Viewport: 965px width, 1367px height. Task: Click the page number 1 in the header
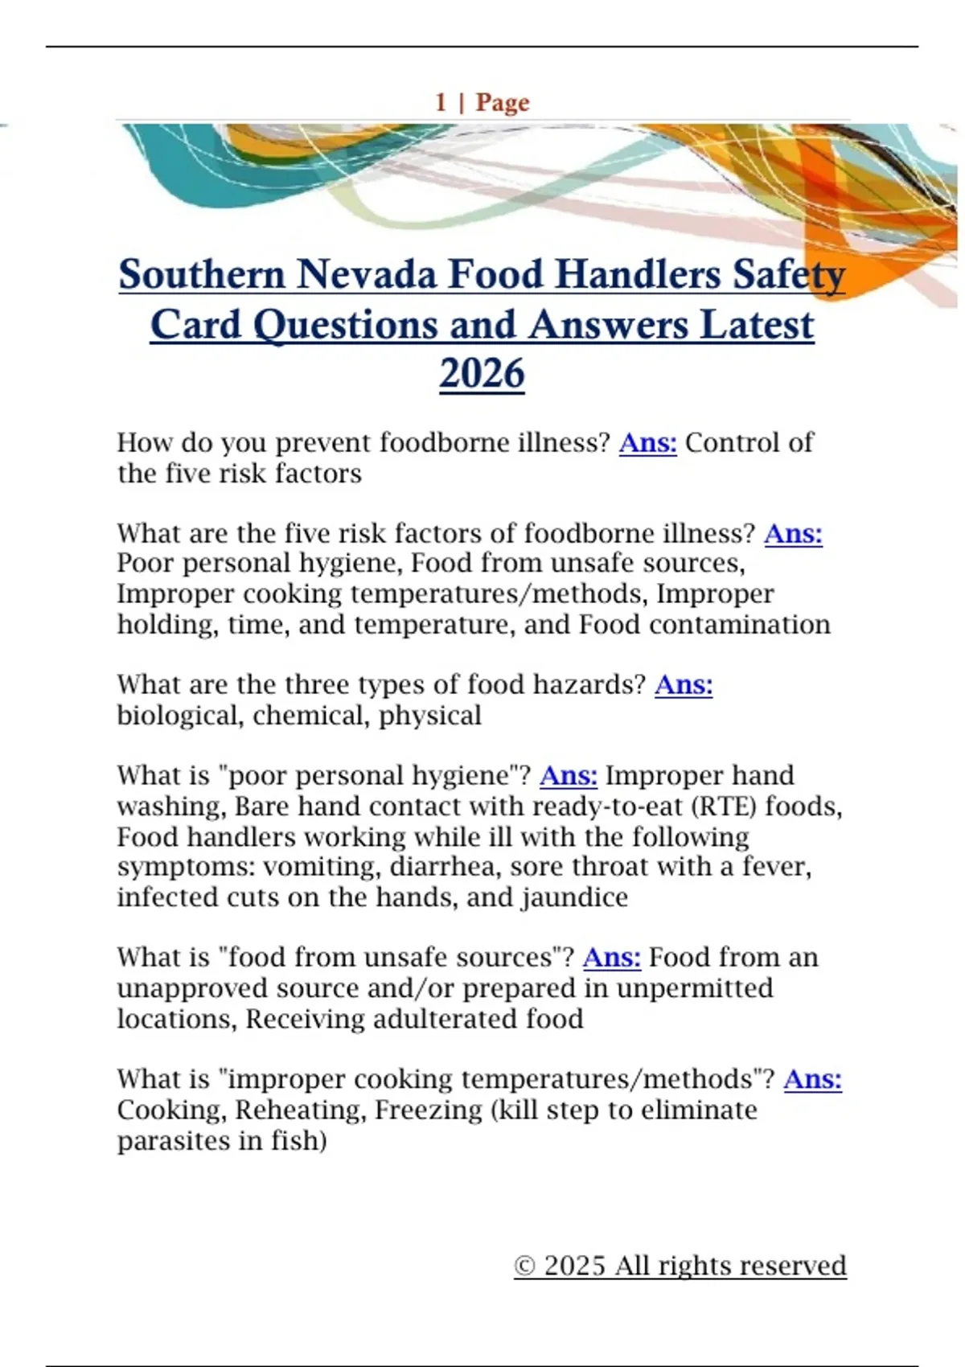click(x=441, y=103)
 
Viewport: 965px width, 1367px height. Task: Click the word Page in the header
click(x=503, y=103)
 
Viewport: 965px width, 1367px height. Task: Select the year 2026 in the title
click(x=482, y=374)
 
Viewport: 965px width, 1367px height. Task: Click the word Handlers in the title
click(x=638, y=274)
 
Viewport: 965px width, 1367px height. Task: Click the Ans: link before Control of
click(x=647, y=442)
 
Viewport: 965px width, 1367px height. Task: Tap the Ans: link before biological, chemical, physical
click(x=684, y=684)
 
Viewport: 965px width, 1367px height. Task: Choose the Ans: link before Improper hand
click(x=569, y=775)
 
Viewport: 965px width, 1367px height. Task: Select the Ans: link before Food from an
click(x=611, y=957)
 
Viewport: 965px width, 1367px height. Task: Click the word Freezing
click(x=429, y=1110)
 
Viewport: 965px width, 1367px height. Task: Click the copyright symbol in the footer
click(x=524, y=1266)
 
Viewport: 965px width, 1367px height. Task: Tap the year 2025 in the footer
click(x=574, y=1266)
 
